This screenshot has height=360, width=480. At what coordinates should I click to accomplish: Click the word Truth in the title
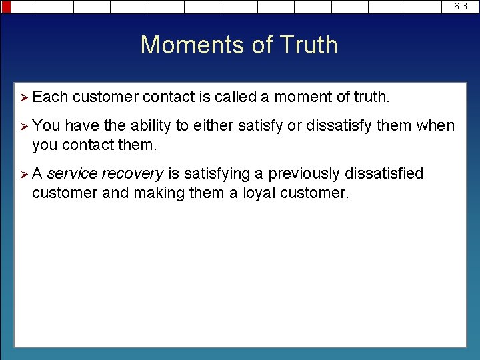[x=309, y=45]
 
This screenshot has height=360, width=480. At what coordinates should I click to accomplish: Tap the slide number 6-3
[x=461, y=6]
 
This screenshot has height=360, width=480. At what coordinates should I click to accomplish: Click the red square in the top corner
[x=6, y=7]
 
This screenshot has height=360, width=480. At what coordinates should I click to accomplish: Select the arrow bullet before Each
[x=23, y=97]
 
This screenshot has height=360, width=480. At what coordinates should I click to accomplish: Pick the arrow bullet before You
[x=23, y=125]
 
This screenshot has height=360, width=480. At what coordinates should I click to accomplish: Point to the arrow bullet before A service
[x=23, y=174]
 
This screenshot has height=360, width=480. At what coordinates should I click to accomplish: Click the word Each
[x=50, y=97]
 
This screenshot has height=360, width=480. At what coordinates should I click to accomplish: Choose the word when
[x=438, y=125]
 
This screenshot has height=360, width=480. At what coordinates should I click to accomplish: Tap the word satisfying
[x=215, y=174]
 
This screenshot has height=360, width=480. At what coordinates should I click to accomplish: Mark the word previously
[x=304, y=174]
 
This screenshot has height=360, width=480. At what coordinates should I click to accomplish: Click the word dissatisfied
[x=383, y=174]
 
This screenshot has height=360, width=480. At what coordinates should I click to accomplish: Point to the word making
[x=157, y=194]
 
